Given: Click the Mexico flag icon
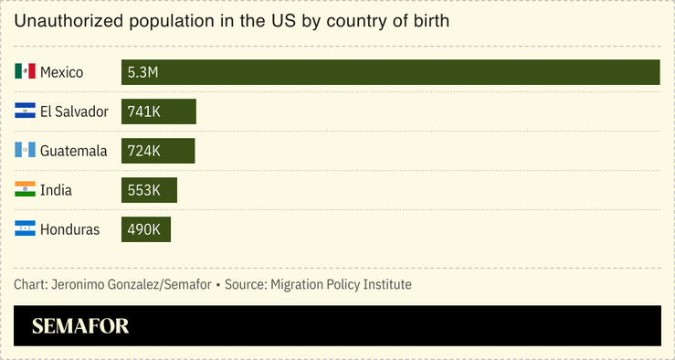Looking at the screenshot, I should (25, 72).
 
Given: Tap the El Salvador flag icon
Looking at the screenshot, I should (25, 111).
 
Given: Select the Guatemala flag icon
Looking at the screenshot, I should (25, 151).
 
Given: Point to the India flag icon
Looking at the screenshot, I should (25, 190).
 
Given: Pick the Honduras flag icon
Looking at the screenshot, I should (25, 229).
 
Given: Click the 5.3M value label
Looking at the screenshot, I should (143, 72).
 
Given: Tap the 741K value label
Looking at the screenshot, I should (144, 111).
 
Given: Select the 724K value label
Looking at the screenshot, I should (144, 151).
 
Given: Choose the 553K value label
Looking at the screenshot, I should (144, 190).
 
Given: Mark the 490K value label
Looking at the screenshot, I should (144, 229).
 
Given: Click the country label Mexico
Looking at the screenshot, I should (62, 72).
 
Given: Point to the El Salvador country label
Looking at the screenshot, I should (74, 111).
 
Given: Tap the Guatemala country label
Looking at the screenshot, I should (74, 151).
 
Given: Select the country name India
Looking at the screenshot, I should (56, 190).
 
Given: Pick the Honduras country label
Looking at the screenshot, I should (69, 229).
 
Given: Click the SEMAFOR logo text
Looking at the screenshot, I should (80, 326).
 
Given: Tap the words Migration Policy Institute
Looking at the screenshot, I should (340, 285).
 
